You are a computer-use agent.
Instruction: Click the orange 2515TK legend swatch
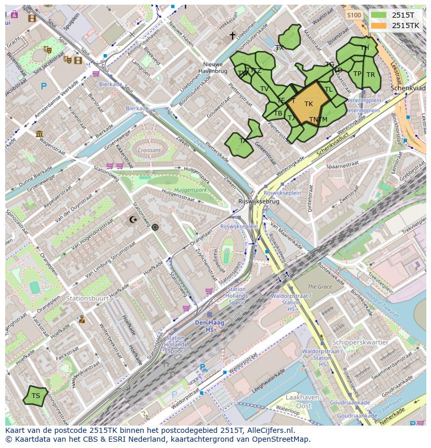[378, 25]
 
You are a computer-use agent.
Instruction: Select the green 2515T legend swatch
[378, 15]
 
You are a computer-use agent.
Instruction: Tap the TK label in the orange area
[309, 104]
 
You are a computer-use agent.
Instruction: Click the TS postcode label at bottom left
[35, 396]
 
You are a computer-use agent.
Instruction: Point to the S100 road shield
[354, 15]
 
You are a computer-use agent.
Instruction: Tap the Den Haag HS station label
[210, 326]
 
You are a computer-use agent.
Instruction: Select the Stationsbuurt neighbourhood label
[87, 299]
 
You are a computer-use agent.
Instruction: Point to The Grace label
[320, 287]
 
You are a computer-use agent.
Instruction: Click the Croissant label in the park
[150, 150]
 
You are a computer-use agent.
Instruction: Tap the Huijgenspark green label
[191, 190]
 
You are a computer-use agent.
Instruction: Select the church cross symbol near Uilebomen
[233, 36]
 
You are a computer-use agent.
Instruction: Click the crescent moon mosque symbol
[134, 220]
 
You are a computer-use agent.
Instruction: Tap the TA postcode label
[243, 140]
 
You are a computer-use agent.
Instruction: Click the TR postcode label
[371, 75]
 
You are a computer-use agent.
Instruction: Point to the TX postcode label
[280, 48]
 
